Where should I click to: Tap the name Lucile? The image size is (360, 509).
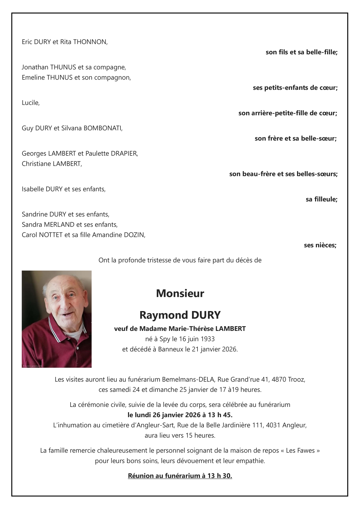[30, 103]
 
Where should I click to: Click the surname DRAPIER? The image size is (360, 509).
[124, 154]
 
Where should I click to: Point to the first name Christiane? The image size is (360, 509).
[37, 164]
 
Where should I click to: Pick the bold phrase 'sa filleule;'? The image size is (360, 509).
[321, 200]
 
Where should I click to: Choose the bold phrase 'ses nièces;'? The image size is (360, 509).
[320, 245]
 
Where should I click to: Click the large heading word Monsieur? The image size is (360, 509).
[180, 294]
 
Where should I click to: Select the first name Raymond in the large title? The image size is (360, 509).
[164, 315]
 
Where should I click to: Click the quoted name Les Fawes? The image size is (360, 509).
[300, 451]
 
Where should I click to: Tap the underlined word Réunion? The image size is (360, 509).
[141, 476]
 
